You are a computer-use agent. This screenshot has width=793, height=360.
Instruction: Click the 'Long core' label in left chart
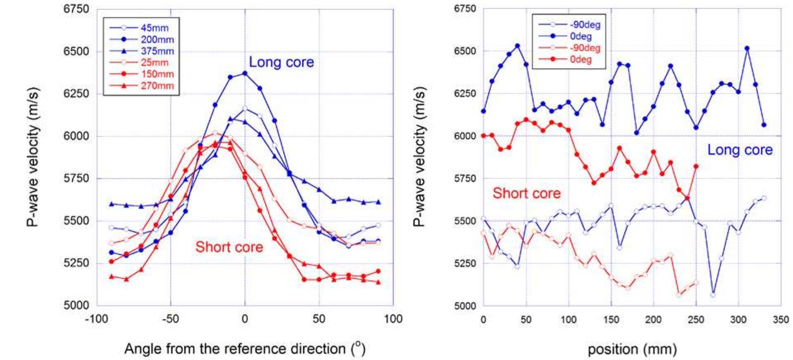(x=281, y=62)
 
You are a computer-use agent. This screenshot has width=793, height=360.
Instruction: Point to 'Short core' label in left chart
(x=229, y=247)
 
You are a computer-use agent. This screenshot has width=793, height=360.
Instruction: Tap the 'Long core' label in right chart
(x=740, y=150)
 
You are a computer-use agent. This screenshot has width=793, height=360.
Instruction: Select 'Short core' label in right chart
(x=526, y=193)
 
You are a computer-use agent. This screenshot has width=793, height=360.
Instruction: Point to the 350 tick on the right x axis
(x=781, y=320)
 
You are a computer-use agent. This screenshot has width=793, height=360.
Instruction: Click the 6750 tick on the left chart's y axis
(x=76, y=9)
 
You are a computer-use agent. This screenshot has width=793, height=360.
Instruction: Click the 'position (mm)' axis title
(x=632, y=349)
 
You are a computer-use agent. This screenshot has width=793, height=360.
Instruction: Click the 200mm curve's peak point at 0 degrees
(x=245, y=73)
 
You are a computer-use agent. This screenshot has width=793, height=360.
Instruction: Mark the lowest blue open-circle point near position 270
(x=713, y=295)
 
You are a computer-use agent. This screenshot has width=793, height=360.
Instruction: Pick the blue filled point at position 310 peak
(x=747, y=48)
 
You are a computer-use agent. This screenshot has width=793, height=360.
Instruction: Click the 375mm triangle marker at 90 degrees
(x=378, y=202)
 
